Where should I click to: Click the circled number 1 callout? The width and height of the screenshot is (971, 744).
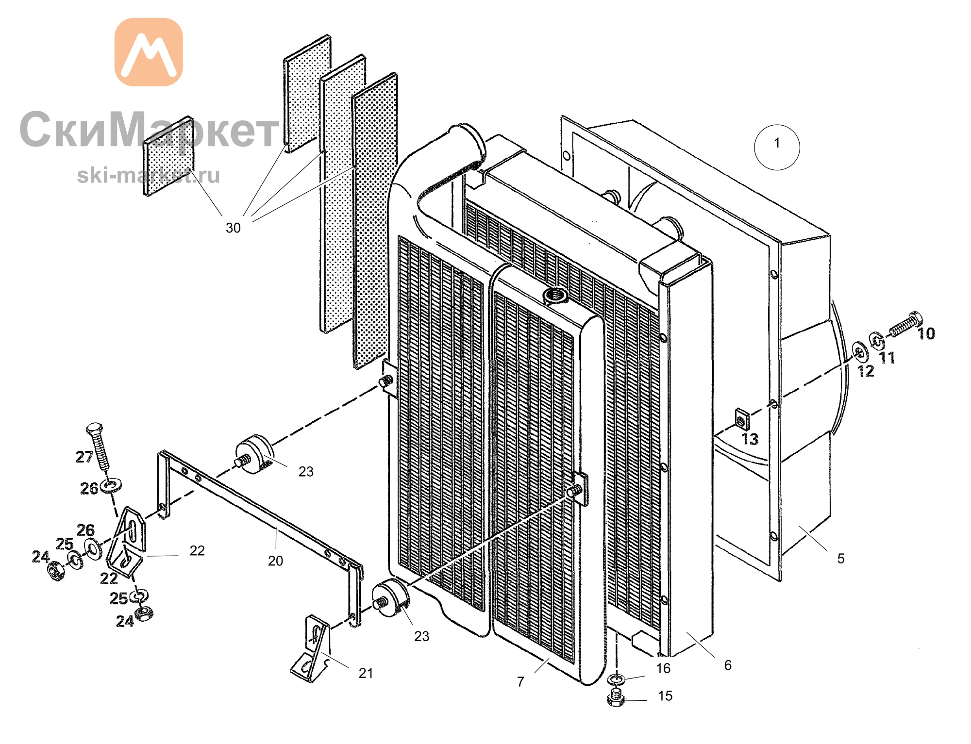pyautogui.click(x=777, y=147)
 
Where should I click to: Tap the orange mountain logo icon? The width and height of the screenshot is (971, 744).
pyautogui.click(x=149, y=52)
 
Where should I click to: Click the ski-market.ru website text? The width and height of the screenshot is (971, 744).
pyautogui.click(x=149, y=175)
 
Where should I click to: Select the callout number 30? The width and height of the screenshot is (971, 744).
pyautogui.click(x=233, y=228)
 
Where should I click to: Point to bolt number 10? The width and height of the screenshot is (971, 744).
pyautogui.click(x=906, y=324)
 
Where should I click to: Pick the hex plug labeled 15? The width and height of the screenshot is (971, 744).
pyautogui.click(x=615, y=697)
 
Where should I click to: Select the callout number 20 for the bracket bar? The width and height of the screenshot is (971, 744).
pyautogui.click(x=275, y=561)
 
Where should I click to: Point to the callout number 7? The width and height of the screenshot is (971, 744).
pyautogui.click(x=520, y=682)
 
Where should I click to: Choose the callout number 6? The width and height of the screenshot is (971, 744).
pyautogui.click(x=728, y=665)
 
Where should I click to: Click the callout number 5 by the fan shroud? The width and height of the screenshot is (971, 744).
pyautogui.click(x=841, y=558)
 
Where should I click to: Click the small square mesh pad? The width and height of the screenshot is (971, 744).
pyautogui.click(x=168, y=156)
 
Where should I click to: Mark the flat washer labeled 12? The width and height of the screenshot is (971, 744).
pyautogui.click(x=860, y=351)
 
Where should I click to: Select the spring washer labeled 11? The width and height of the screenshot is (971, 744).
pyautogui.click(x=877, y=341)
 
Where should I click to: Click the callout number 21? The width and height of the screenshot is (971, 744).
pyautogui.click(x=366, y=673)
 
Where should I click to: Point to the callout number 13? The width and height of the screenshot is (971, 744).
pyautogui.click(x=750, y=439)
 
